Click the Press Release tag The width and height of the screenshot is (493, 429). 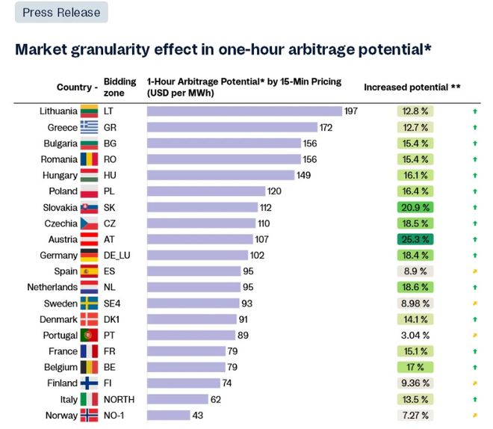click(61, 13)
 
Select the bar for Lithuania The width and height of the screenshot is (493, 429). click(244, 111)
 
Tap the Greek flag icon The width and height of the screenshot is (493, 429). click(89, 128)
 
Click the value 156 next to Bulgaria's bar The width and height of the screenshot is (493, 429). click(310, 143)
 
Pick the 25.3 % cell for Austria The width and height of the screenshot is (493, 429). click(415, 239)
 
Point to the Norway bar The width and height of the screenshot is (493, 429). click(168, 416)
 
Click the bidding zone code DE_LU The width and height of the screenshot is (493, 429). click(118, 256)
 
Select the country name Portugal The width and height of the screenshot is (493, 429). click(60, 336)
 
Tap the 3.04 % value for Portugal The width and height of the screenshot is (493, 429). click(415, 336)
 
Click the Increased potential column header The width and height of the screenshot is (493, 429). click(412, 87)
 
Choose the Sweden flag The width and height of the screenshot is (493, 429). click(89, 303)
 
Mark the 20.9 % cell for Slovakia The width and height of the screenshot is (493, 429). click(415, 208)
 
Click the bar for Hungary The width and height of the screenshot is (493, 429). click(220, 176)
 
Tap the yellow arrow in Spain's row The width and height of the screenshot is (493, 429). click(474, 271)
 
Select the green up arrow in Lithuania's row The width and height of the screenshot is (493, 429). click(474, 111)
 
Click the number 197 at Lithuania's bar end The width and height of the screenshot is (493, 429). click(352, 111)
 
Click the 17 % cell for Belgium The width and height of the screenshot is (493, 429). click(415, 368)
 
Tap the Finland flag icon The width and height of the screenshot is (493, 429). click(89, 383)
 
